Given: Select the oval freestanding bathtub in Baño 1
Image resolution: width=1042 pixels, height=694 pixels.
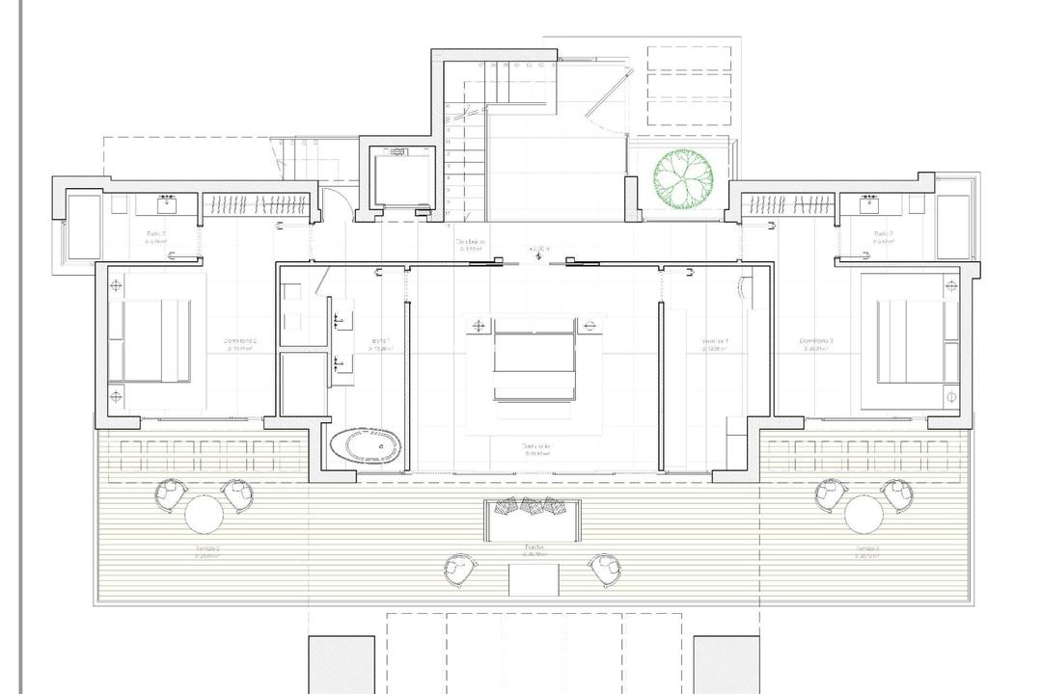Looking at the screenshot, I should coord(365,445).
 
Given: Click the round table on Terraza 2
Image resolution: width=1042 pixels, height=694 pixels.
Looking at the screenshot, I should coord(204,514).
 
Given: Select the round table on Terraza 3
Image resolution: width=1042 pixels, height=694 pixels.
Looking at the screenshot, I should coord(864,514).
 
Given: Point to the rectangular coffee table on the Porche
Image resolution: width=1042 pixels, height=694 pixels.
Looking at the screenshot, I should coord(534,580).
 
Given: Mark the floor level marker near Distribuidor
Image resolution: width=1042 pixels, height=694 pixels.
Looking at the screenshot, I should coord(538,252).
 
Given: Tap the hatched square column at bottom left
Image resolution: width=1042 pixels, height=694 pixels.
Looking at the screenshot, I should coord(342,664).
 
